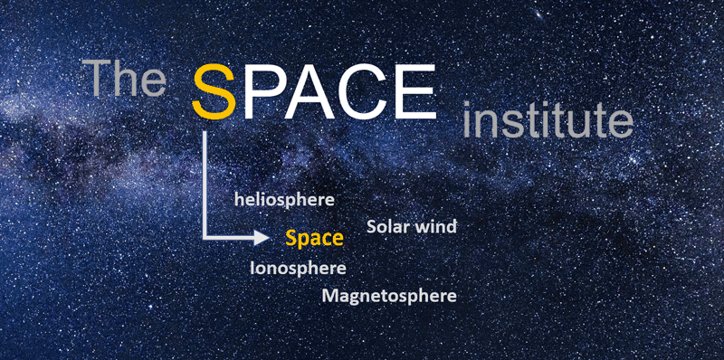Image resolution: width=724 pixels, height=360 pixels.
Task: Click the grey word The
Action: [x=124, y=80]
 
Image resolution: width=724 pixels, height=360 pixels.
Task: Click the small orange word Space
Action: [x=314, y=239]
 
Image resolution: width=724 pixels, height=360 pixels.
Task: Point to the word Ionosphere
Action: [x=298, y=268]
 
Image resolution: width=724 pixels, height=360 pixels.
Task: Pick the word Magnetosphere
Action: [x=389, y=296]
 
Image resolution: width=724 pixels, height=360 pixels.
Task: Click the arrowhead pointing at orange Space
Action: [x=263, y=239]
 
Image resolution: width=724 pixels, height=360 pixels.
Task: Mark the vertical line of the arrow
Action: [x=206, y=181]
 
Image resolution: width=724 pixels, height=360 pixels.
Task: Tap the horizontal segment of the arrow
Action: [x=231, y=239]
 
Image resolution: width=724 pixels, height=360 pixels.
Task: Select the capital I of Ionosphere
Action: [x=252, y=268]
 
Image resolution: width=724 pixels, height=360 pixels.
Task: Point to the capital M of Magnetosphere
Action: [x=330, y=296]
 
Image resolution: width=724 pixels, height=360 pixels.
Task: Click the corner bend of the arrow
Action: [x=207, y=238]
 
